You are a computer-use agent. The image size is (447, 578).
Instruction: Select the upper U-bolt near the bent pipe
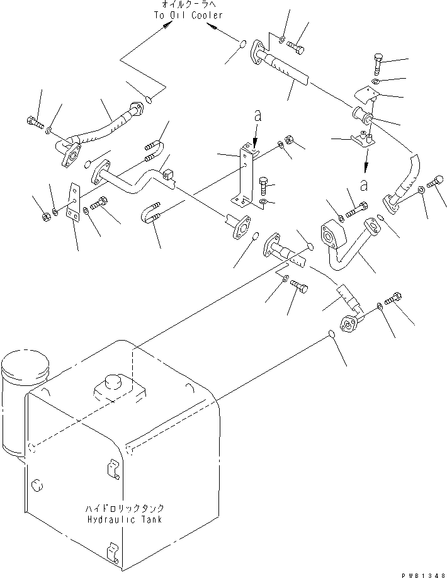click(x=155, y=150)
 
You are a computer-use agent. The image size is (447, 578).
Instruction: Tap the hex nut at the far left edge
click(x=45, y=217)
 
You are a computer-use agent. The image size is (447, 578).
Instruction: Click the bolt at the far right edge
click(x=434, y=184)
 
